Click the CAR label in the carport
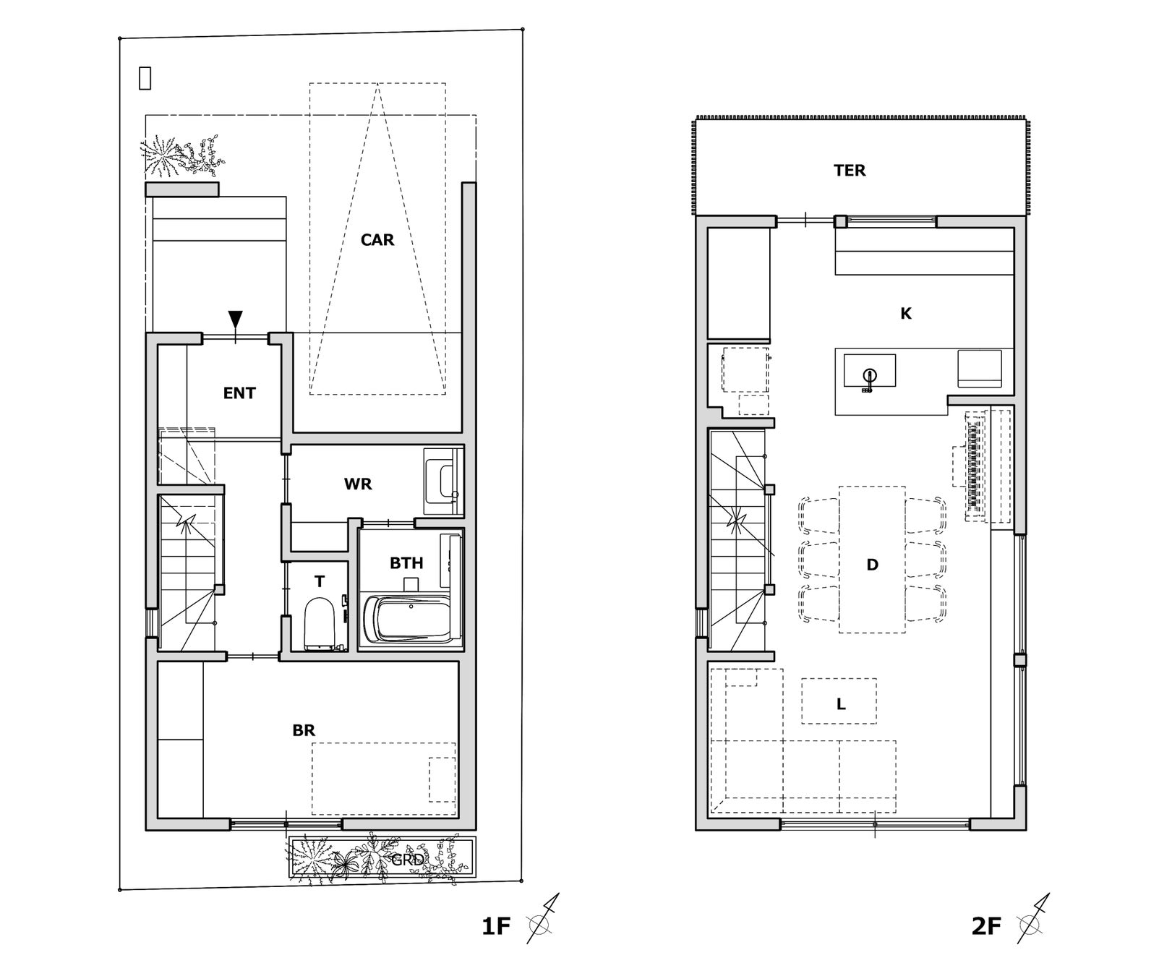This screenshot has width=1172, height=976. [x=377, y=240]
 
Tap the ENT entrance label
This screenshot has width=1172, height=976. [x=239, y=393]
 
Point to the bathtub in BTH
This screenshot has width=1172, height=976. [x=411, y=618]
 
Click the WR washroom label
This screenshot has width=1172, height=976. [x=358, y=484]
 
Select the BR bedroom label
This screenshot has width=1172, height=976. [x=304, y=731]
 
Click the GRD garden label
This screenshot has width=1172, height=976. [x=408, y=860]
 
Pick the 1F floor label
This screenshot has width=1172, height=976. [x=496, y=926]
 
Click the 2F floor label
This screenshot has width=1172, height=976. [x=986, y=926]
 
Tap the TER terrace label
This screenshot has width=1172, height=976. [x=850, y=171]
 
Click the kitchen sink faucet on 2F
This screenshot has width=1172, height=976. [x=869, y=375]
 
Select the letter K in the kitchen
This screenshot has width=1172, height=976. [x=906, y=314]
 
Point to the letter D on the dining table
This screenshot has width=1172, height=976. [x=873, y=565]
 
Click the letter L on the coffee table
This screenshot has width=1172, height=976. [x=841, y=704]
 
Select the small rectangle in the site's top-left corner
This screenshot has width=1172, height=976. [x=145, y=78]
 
